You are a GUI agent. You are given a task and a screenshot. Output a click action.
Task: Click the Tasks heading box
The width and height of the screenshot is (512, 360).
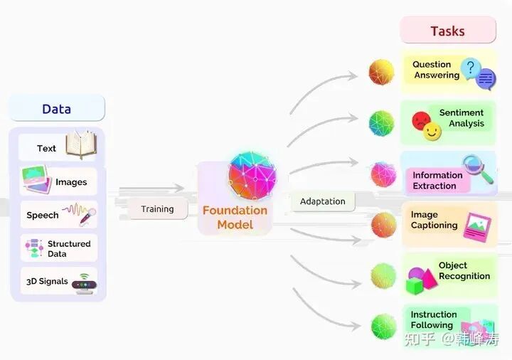pyautogui.click(x=447, y=31)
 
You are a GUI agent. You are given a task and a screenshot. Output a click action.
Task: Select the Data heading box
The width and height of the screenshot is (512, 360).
pyautogui.click(x=56, y=109)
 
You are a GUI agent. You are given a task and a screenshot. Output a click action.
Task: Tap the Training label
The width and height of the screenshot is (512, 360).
pyautogui.click(x=157, y=209)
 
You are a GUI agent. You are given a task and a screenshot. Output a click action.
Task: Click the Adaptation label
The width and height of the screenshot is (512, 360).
pyautogui.click(x=322, y=201)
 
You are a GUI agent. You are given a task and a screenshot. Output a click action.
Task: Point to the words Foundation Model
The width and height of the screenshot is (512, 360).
pyautogui.click(x=235, y=218)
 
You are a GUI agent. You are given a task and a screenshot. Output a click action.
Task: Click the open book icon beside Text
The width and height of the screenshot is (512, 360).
pyautogui.click(x=80, y=145)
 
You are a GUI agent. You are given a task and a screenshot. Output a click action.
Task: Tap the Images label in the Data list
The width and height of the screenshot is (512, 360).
pyautogui.click(x=71, y=182)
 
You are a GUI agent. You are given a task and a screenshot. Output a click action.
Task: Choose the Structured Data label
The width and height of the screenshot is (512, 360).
pyautogui.click(x=68, y=248)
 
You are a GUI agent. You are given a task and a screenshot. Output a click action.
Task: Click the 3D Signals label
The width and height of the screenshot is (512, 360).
pyautogui.click(x=47, y=281)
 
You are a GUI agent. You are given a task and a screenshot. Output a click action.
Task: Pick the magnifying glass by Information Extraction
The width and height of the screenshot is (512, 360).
pyautogui.click(x=477, y=169)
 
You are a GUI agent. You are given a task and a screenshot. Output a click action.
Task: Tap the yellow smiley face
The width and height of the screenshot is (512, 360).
pyautogui.click(x=432, y=132)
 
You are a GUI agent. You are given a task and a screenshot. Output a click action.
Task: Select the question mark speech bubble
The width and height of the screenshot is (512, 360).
pyautogui.click(x=470, y=68)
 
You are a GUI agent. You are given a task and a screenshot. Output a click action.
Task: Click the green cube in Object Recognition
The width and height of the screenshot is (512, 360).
pyautogui.click(x=415, y=286)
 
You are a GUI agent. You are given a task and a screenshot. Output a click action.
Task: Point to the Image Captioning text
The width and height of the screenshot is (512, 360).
pyautogui.click(x=434, y=220)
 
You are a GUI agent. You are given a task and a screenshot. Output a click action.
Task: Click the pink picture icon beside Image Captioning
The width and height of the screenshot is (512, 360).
pyautogui.click(x=477, y=226)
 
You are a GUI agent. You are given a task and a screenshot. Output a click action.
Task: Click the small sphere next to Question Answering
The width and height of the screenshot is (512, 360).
pyautogui.click(x=382, y=72)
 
